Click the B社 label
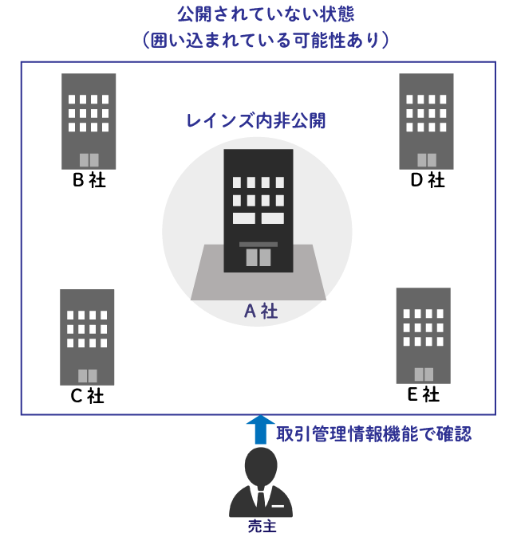pos(89,180)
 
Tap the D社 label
pos(428,180)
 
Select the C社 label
pos(87,396)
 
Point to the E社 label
pos(424,394)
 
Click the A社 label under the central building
pos(261,312)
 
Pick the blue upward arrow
pos(261,429)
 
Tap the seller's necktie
pos(261,500)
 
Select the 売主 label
pos(262,526)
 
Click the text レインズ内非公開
pos(256,120)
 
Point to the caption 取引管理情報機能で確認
pos(374,434)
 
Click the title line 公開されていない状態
pos(266,14)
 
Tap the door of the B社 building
pos(89,160)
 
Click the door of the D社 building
pos(427,160)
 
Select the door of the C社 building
pos(88,376)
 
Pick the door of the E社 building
pos(424,374)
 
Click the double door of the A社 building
pos(258,257)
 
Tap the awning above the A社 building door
pos(258,244)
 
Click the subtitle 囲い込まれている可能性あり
pos(265,41)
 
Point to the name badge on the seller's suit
pos(278,506)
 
